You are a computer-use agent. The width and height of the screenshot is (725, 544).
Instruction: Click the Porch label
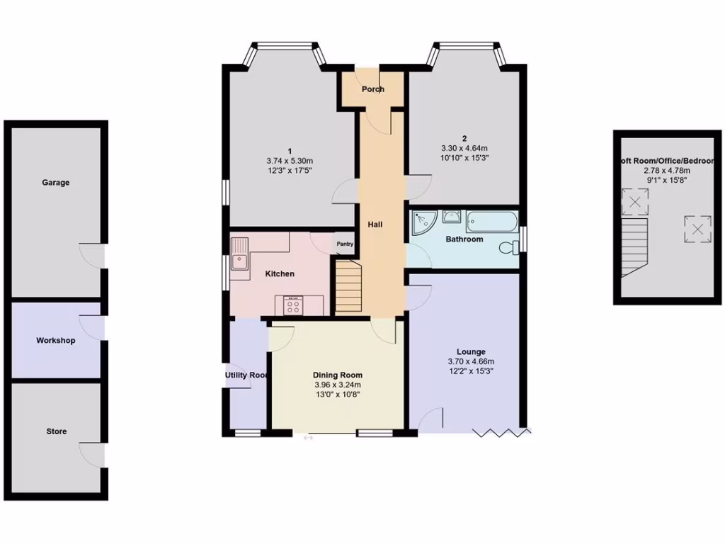373,89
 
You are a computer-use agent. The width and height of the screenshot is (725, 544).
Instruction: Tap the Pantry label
345,244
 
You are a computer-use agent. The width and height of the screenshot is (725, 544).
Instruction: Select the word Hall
375,225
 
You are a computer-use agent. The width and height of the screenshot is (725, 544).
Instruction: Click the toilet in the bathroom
508,247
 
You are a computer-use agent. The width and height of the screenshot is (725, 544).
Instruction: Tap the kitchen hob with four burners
292,305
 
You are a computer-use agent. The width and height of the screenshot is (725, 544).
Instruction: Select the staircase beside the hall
348,286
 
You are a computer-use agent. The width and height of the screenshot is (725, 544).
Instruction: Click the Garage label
56,183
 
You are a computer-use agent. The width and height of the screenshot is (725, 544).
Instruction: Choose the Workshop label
56,341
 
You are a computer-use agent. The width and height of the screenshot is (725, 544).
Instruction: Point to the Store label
57,431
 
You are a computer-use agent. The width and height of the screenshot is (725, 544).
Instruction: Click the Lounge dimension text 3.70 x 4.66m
471,361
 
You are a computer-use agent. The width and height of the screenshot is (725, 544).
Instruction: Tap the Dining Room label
338,375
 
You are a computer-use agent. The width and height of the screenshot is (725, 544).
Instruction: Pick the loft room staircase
634,244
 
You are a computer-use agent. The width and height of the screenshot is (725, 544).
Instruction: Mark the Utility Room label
246,375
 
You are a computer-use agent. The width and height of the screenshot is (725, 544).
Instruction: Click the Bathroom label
464,239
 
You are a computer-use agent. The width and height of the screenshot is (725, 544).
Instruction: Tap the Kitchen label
280,274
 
